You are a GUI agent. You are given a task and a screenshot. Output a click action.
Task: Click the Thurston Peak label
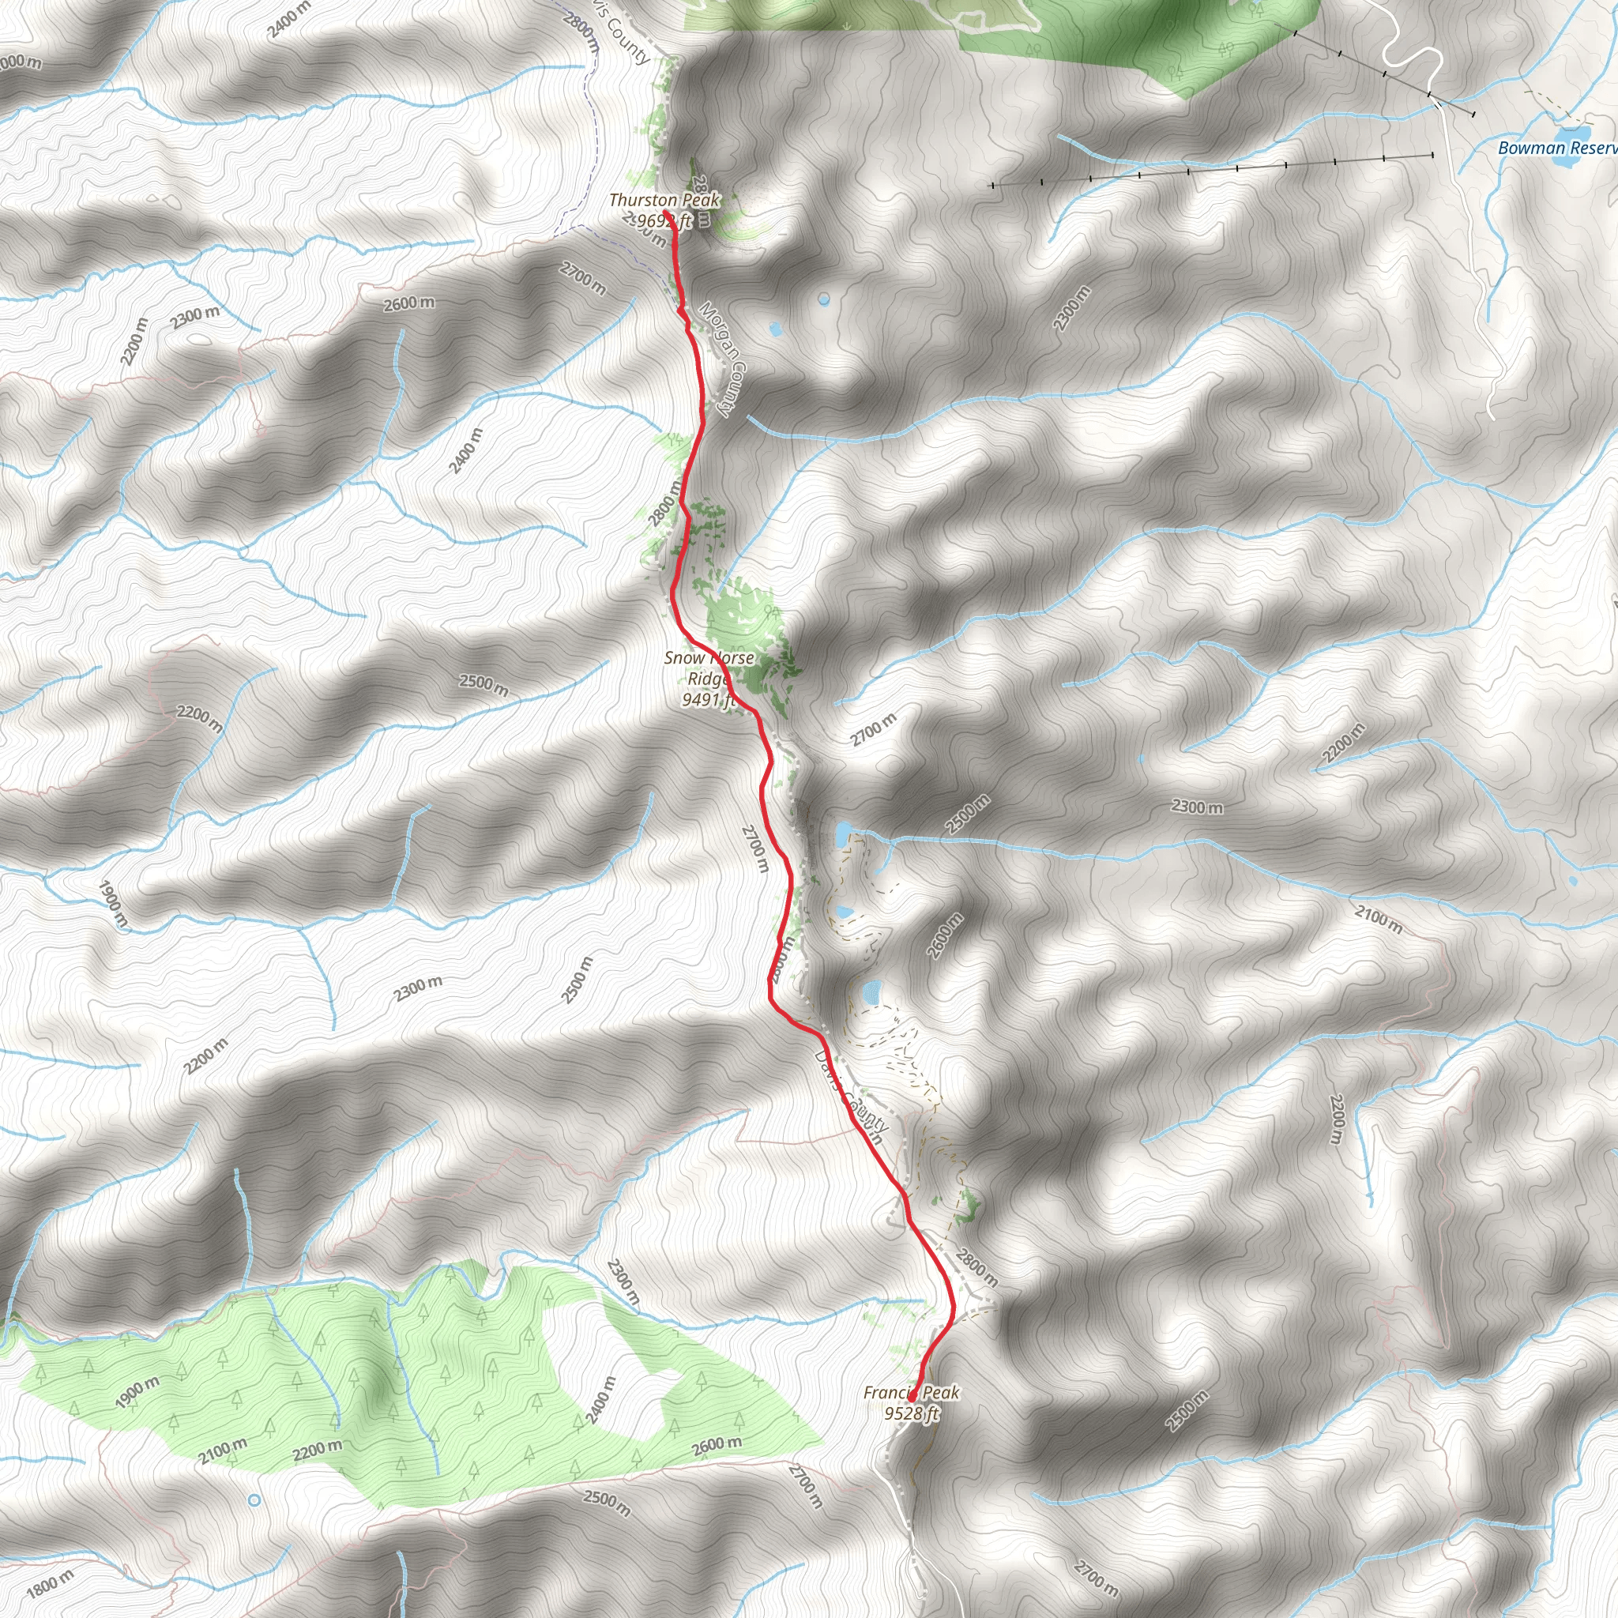664,200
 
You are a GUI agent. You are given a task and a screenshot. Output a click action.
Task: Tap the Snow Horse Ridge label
709,668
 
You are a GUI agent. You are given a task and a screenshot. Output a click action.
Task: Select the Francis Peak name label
911,1393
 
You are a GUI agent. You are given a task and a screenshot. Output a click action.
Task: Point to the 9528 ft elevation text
911,1413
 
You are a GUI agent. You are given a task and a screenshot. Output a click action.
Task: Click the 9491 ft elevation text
708,699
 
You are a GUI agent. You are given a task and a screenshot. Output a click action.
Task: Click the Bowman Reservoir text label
1557,149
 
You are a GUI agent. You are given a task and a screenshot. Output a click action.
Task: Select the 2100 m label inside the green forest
223,1451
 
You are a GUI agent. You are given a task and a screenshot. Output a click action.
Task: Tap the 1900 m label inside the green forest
137,1392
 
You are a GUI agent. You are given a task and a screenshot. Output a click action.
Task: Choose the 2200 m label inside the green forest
318,1448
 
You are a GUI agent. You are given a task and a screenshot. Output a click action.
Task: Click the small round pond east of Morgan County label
824,298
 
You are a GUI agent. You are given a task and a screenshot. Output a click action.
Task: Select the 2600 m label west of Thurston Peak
408,303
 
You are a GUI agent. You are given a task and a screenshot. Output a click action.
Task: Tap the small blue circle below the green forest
254,1499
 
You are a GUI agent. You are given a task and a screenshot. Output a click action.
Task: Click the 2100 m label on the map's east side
1379,919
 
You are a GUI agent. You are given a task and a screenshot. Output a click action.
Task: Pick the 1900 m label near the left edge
113,904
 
